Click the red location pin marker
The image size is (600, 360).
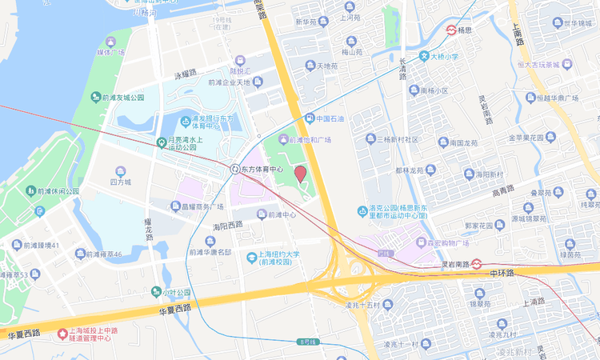(x=301, y=174)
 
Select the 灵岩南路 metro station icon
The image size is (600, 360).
(x=476, y=262)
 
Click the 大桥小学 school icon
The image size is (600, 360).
(x=424, y=57)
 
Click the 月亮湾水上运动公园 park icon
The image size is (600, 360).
(x=161, y=142)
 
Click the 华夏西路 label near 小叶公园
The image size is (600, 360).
(x=174, y=308)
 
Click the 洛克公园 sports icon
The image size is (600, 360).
(x=362, y=211)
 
